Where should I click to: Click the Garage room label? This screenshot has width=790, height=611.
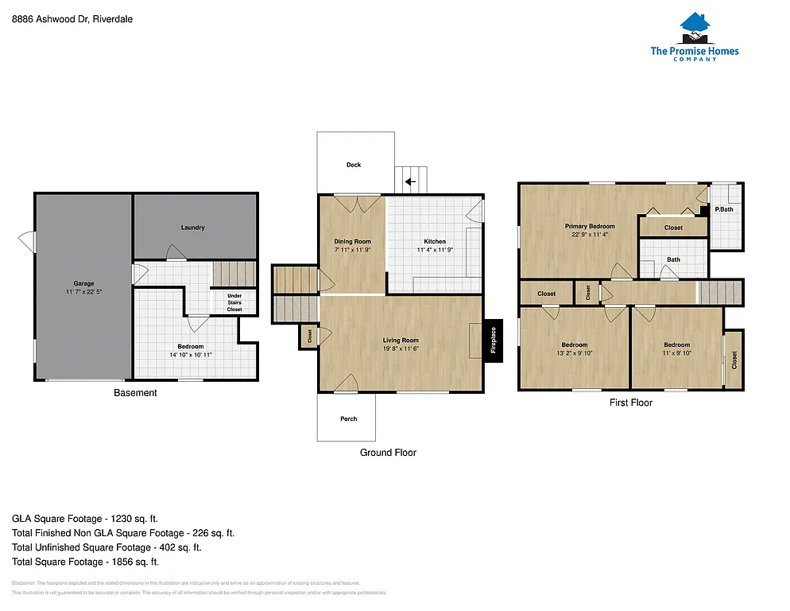(x=84, y=284)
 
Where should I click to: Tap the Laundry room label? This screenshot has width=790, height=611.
(x=193, y=228)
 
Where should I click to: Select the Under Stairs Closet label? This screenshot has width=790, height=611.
(x=234, y=302)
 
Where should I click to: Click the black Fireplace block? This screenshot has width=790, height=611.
(x=493, y=340)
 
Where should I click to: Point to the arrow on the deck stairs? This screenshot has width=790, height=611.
(x=410, y=181)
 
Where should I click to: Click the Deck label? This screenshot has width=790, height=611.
(x=354, y=165)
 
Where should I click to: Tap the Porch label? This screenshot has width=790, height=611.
(x=348, y=418)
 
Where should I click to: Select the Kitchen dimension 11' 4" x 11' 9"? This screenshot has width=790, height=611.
(x=435, y=250)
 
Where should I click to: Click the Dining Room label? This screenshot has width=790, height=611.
(x=352, y=241)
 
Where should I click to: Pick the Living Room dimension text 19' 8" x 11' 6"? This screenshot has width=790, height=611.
(x=401, y=348)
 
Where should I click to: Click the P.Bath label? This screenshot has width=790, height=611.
(x=724, y=209)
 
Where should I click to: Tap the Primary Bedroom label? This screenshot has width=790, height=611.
(x=590, y=226)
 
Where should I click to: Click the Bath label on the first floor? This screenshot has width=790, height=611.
(x=673, y=259)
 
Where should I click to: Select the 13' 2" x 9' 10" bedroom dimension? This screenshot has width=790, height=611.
(x=574, y=353)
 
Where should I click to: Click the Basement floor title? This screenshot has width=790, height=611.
(x=135, y=393)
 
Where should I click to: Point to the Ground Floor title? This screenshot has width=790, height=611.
(x=388, y=453)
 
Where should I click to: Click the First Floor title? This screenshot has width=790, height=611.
(x=631, y=403)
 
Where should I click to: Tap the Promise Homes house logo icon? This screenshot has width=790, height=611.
(x=694, y=29)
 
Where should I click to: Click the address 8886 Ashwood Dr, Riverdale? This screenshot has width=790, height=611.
(x=72, y=20)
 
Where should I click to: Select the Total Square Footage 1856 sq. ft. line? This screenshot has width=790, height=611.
(x=85, y=562)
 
